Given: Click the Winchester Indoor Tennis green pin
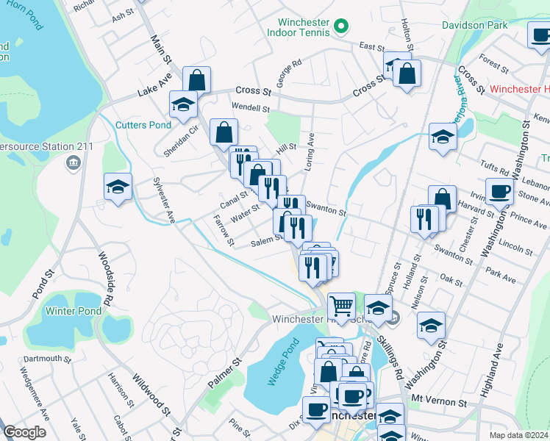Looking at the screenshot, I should [x=340, y=27].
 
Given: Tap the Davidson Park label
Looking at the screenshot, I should [x=475, y=25].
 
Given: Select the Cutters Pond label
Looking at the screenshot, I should [x=143, y=124].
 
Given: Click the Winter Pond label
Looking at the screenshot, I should [x=74, y=311].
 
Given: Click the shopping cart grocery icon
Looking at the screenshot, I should [x=341, y=305].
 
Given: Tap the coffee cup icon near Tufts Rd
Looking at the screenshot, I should [x=500, y=192].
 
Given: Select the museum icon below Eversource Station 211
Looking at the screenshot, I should [x=74, y=162].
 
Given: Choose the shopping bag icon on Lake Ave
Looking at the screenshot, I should [x=197, y=79].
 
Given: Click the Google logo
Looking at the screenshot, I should [x=24, y=432].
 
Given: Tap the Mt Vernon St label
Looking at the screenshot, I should [x=439, y=403].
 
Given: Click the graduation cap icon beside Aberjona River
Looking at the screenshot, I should [x=443, y=137].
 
